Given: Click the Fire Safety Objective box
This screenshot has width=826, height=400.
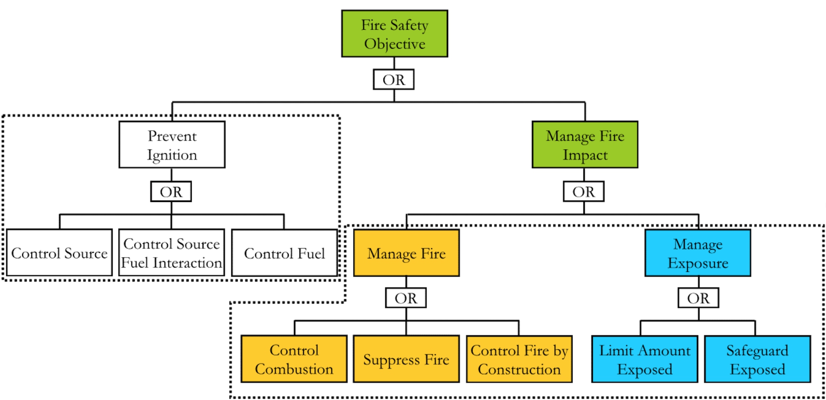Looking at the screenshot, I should click(394, 33).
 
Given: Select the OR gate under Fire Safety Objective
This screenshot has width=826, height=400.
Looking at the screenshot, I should click(393, 79).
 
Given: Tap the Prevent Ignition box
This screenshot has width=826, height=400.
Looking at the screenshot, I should click(172, 145).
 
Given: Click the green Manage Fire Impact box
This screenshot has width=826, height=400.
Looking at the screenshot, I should click(585, 145).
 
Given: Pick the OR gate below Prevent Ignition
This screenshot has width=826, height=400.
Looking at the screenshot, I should click(171, 192).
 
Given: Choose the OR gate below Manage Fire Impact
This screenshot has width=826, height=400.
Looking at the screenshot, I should click(583, 192).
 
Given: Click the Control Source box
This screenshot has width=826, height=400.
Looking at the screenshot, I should click(59, 253).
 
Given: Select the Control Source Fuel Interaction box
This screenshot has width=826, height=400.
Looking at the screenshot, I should click(171, 253).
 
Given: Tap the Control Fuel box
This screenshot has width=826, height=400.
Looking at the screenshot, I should click(284, 253).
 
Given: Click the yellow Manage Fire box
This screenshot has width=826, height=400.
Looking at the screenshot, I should click(406, 253).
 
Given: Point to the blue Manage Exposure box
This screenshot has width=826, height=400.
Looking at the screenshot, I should click(698, 253).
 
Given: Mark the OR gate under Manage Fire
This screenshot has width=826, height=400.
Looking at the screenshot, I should click(406, 298).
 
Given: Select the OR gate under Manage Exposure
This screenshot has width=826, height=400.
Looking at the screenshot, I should click(698, 298).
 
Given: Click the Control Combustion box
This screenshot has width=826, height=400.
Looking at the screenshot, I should click(294, 359).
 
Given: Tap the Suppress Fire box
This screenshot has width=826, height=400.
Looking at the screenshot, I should click(406, 359).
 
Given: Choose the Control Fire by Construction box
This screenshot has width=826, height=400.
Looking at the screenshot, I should click(519, 359).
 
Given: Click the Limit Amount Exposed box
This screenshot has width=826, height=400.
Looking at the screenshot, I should click(645, 359).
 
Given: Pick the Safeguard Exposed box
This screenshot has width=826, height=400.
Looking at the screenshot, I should click(757, 359).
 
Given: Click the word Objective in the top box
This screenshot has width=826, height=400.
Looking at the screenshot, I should click(394, 44).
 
